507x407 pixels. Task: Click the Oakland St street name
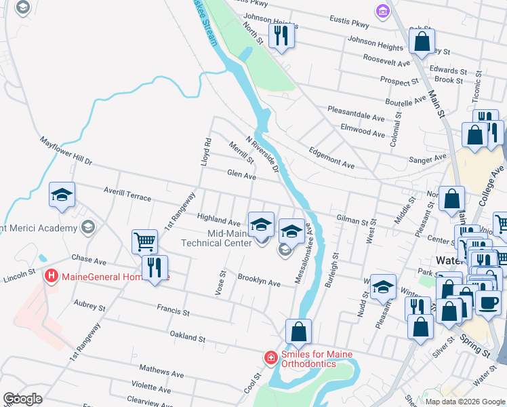coord(187,337)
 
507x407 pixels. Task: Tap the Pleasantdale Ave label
coord(356,111)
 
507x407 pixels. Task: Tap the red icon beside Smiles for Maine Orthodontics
coord(270,357)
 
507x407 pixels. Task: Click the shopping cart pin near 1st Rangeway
coord(144,241)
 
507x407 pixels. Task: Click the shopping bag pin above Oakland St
coord(298,332)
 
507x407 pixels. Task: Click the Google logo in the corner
coord(23,399)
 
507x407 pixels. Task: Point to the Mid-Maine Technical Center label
coord(216,237)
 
